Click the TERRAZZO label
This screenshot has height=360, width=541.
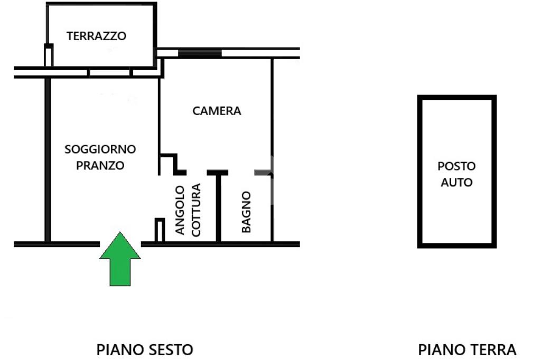[x=96, y=36]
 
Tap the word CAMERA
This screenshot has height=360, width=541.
[x=217, y=111]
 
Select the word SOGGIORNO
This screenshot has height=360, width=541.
[x=100, y=149]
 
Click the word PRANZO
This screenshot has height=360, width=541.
[x=100, y=166]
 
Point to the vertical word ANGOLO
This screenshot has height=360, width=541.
[x=180, y=210]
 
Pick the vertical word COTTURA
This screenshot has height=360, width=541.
[x=196, y=210]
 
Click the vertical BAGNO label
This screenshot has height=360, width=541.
[x=246, y=212]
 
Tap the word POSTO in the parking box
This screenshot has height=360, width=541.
[x=456, y=166]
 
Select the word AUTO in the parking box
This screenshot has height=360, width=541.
[x=456, y=182]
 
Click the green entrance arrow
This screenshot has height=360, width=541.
[x=120, y=259]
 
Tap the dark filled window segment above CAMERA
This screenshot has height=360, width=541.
[x=200, y=53]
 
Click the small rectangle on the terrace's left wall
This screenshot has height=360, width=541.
[x=49, y=55]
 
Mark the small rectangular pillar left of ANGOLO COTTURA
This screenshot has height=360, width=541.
[x=160, y=230]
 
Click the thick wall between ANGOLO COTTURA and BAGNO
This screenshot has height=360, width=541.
[x=218, y=207]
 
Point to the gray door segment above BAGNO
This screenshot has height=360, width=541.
[x=263, y=173]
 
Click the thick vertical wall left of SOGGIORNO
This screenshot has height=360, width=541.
[x=48, y=160]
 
